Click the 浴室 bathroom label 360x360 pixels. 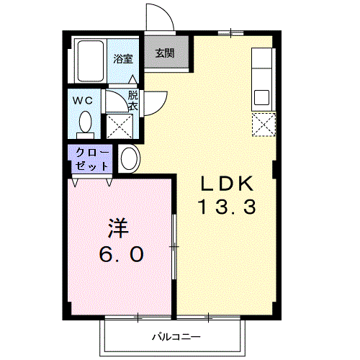(x=122, y=59)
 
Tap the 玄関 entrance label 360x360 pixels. (x=165, y=53)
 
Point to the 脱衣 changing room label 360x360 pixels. (x=133, y=100)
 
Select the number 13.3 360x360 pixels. (x=227, y=209)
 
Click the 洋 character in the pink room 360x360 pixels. (x=119, y=228)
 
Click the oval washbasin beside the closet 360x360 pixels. (x=130, y=158)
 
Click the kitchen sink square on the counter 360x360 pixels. (x=261, y=96)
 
